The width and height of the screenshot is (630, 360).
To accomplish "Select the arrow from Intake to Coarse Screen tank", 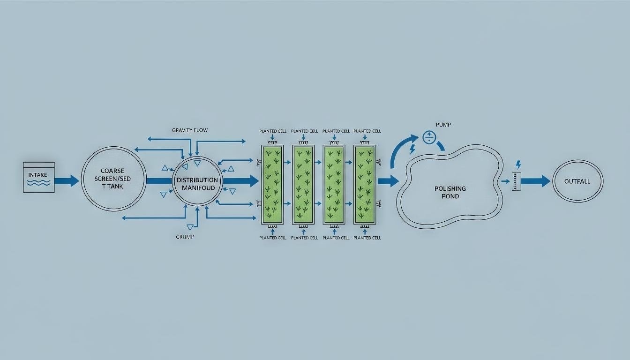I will (x=67, y=180).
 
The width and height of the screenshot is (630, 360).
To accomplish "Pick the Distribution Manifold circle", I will (x=197, y=181).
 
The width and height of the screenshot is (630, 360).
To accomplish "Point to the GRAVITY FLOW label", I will (x=189, y=130).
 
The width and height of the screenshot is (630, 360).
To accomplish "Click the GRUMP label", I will (x=185, y=237).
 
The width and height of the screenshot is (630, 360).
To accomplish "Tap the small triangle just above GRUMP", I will (x=190, y=227).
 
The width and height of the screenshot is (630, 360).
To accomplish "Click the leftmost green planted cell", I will (x=273, y=184).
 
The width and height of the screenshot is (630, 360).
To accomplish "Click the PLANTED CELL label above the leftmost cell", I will (x=272, y=131).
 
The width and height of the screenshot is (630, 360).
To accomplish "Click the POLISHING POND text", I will (x=450, y=192).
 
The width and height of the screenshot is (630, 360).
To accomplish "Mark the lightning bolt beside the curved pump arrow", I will (x=412, y=150).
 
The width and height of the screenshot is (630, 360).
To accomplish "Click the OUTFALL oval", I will (x=577, y=181).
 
